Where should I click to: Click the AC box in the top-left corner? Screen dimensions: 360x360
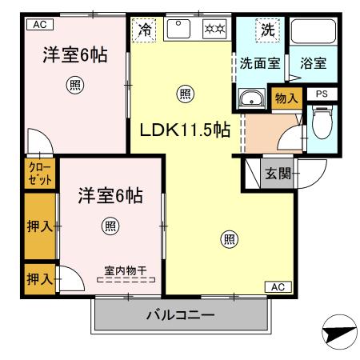point(38,25)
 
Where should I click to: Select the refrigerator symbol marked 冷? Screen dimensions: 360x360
point(145,30)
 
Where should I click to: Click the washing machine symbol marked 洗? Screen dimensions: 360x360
point(267,30)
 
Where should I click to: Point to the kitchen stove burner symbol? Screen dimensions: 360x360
point(214,30)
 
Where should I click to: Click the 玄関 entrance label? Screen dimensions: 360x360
point(278,173)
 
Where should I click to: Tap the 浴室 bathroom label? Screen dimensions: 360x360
point(312,63)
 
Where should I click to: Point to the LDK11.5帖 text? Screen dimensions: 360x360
point(186,130)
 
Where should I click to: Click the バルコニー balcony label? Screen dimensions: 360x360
point(180,315)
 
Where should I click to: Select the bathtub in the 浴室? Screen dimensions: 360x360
point(312,33)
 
